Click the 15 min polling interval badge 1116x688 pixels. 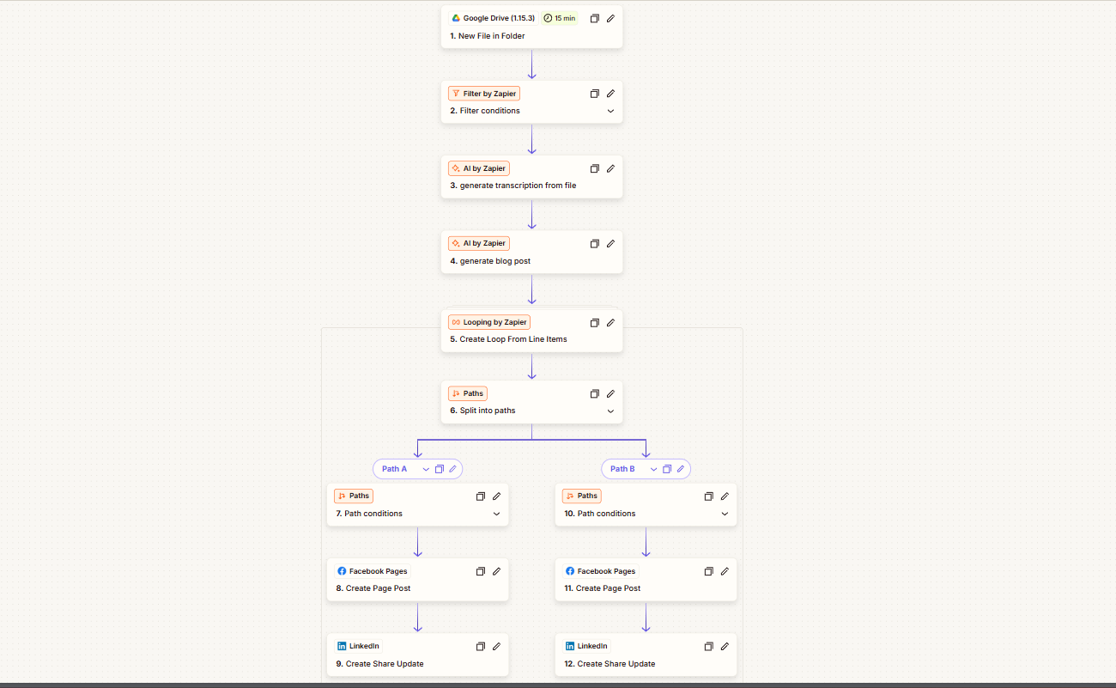560,18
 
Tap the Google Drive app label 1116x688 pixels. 494,18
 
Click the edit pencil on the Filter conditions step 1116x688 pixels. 611,94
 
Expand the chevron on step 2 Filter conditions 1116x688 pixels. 611,111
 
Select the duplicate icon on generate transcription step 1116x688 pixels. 594,168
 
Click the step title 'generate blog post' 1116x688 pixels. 494,261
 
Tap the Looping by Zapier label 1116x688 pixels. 489,322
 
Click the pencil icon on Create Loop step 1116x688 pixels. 611,323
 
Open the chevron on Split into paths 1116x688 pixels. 611,411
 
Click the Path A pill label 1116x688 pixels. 394,469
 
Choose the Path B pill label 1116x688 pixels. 622,469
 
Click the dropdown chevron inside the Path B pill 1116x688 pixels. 653,469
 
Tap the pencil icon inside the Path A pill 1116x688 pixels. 453,469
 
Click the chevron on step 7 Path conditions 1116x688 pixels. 497,514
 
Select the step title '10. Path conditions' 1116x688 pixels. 600,514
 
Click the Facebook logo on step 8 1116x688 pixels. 342,571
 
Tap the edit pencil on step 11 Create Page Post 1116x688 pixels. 725,571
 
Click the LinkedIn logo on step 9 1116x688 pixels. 342,646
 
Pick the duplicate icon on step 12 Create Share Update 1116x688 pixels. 708,647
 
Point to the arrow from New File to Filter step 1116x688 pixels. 532,64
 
